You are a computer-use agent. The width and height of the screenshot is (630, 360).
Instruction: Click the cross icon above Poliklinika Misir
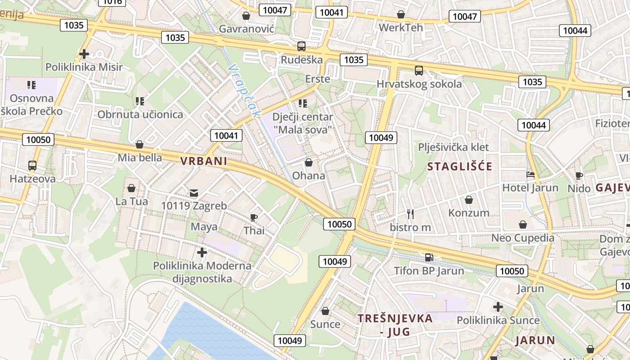click(x=84, y=54)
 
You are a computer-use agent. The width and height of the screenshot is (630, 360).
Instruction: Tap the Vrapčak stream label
click(x=244, y=90)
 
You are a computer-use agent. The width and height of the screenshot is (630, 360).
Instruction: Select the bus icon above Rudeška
click(x=301, y=46)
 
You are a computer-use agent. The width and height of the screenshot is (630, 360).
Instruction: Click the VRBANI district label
click(x=204, y=161)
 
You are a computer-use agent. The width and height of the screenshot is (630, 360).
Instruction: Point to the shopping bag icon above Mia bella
click(x=139, y=145)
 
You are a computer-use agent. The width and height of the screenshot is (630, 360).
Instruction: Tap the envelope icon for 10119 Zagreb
click(x=193, y=193)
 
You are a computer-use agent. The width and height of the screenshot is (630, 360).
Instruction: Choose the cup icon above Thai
click(x=254, y=218)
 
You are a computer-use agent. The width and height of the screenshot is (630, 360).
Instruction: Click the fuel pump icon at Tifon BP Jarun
click(x=429, y=257)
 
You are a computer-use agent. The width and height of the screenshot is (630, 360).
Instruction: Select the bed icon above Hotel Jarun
click(x=530, y=175)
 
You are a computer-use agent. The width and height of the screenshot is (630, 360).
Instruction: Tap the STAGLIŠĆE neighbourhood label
click(x=459, y=166)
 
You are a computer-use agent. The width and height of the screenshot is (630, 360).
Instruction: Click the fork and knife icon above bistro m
click(x=410, y=214)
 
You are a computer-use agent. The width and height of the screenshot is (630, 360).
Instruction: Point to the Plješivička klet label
click(x=453, y=147)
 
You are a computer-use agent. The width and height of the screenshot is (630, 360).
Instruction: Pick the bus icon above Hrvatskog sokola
click(x=419, y=71)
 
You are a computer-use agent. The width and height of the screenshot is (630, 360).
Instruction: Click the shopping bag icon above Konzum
click(x=469, y=200)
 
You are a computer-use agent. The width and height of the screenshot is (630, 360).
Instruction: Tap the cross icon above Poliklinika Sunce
click(x=498, y=307)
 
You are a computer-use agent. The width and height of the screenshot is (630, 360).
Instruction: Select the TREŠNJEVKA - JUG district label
click(x=395, y=325)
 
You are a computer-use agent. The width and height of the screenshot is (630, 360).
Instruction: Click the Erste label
click(x=318, y=79)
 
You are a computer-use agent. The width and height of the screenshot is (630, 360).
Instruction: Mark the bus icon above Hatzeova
click(x=32, y=166)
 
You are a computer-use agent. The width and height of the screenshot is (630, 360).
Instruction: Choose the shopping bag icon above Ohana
click(x=309, y=162)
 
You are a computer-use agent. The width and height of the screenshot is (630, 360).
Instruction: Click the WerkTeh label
click(x=401, y=27)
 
